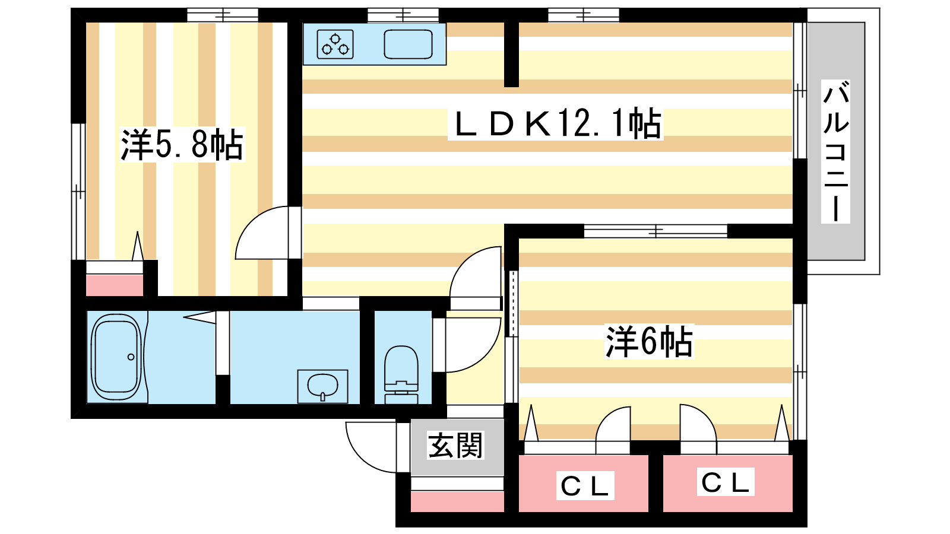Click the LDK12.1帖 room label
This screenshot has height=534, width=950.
point(556,123)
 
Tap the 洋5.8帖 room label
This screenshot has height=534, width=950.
point(182,145)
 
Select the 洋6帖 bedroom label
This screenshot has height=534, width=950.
point(650,342)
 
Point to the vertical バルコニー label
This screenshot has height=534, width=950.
point(835,151)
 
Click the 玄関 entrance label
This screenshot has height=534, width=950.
point(455,446)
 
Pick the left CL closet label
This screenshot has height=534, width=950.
point(585,486)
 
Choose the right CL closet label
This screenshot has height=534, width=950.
point(725,482)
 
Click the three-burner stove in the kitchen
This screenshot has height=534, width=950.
point(335,44)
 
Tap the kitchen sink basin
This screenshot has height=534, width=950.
point(408,44)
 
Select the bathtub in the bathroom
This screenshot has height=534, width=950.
point(116,357)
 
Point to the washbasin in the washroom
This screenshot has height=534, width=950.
point(322,386)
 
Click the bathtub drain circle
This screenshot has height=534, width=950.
point(131,357)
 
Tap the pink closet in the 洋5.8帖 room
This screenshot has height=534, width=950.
point(115,285)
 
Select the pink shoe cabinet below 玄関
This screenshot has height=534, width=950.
point(457,501)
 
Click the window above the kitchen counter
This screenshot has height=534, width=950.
point(403,15)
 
